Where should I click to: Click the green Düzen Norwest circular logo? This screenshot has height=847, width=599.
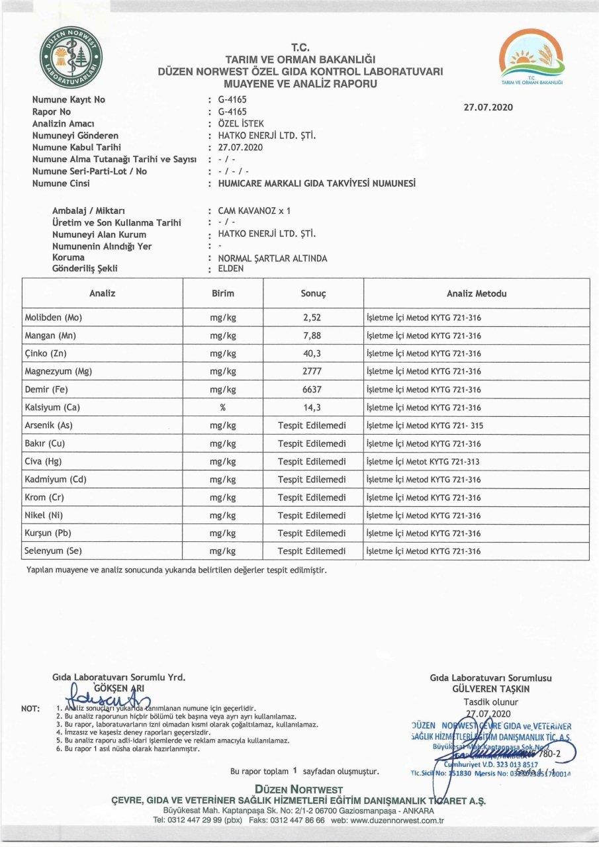(71, 57)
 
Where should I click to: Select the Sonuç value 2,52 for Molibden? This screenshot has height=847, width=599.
(312, 318)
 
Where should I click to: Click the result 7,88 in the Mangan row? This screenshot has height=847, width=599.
(312, 335)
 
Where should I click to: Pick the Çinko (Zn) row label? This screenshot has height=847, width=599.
(47, 353)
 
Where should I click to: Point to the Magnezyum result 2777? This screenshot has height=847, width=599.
(312, 371)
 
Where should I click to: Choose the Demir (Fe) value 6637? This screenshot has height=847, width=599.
(312, 390)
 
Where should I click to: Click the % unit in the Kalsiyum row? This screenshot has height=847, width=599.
(223, 408)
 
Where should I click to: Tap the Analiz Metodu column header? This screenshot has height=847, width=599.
(477, 293)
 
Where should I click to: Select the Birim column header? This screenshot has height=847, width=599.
(223, 293)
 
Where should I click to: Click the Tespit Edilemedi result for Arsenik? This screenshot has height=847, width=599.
(312, 425)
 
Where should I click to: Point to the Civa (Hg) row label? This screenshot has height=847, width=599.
(45, 461)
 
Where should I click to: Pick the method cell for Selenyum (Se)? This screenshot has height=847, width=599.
(424, 551)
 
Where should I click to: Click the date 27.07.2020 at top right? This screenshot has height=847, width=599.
(488, 107)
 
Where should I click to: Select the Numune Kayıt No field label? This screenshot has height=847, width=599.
(69, 100)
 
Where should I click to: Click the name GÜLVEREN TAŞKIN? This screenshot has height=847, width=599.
(490, 689)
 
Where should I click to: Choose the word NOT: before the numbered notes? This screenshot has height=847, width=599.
(30, 709)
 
